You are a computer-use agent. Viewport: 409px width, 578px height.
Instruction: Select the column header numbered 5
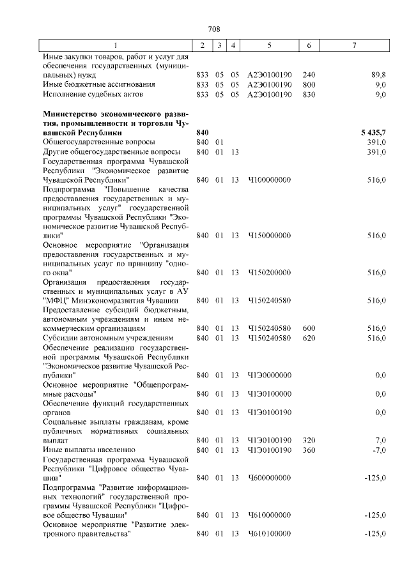coord(269,46)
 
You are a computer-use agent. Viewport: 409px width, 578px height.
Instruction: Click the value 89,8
coord(378,75)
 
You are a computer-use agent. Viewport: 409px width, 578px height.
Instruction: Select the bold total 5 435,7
coord(373,132)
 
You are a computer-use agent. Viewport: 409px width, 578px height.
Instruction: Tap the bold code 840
coord(203,132)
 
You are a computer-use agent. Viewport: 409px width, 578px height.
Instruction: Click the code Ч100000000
coord(269,180)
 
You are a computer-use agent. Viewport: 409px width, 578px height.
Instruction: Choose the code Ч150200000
coord(269,272)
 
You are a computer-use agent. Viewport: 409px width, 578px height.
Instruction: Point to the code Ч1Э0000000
coord(269,375)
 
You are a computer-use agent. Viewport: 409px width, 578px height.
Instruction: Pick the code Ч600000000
coord(269,477)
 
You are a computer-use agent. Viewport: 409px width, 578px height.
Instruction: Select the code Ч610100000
coord(269,533)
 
